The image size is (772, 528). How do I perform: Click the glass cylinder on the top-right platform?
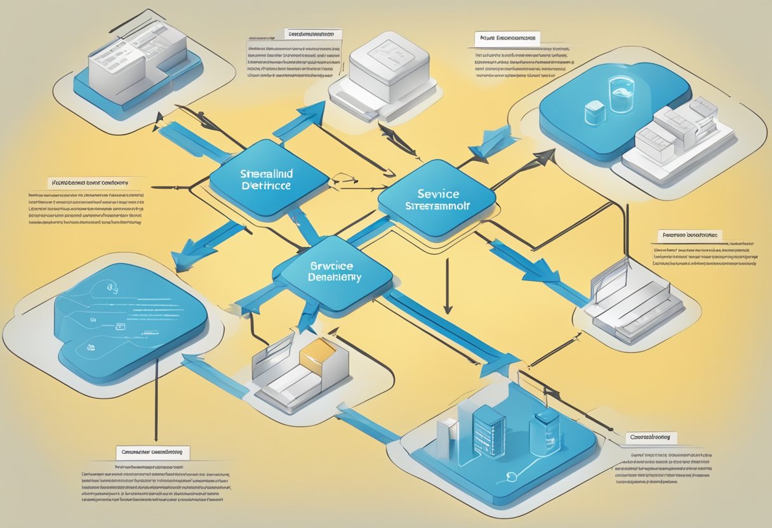point(620,93)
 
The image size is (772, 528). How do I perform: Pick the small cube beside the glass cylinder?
point(594,113)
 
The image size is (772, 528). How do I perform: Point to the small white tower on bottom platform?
point(446,437)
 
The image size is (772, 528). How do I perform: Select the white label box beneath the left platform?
point(153,452)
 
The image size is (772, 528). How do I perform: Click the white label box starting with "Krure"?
point(505,39)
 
